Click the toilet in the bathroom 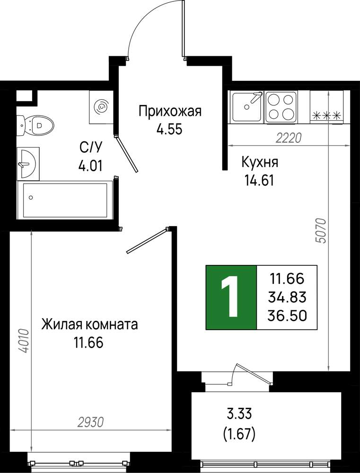point(35,125)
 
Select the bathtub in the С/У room point(65,200)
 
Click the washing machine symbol point(102,106)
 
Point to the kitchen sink point(246,106)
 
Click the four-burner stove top point(281,106)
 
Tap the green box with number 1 point(231,298)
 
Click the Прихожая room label point(170,112)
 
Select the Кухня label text point(260,163)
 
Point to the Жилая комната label point(89,325)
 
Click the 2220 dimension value point(289,139)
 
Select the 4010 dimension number point(24,341)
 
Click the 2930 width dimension point(90,422)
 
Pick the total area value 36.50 point(287,316)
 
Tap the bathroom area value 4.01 point(90,166)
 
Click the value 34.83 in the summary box point(287,298)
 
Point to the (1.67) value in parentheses point(239,434)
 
